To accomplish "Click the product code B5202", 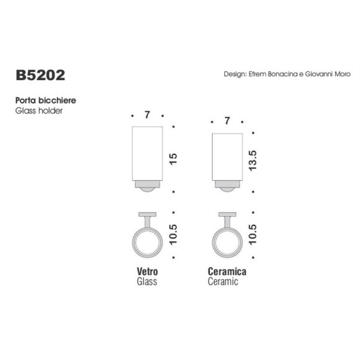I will [x=40, y=75].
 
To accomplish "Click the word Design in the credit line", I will [x=235, y=73].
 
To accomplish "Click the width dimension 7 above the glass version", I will [x=147, y=116].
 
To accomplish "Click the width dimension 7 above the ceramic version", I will [x=227, y=122].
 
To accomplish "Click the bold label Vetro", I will [x=147, y=272].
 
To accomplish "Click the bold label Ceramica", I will [x=227, y=272].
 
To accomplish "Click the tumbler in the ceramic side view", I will [x=227, y=158].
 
